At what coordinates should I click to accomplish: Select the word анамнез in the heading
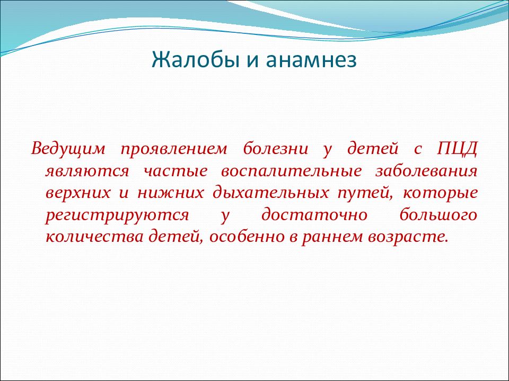coord(311,60)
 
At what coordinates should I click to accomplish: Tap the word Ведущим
coord(68,149)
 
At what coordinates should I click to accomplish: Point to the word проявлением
coord(174,150)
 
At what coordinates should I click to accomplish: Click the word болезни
coord(276,149)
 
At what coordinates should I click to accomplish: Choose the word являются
coord(87,171)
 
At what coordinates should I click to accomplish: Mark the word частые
coord(175,171)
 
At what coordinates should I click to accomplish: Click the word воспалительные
coord(291,171)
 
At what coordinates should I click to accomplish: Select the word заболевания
coord(426,171)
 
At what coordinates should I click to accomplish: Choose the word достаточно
coord(314,215)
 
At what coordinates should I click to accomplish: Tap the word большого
coord(438,215)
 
